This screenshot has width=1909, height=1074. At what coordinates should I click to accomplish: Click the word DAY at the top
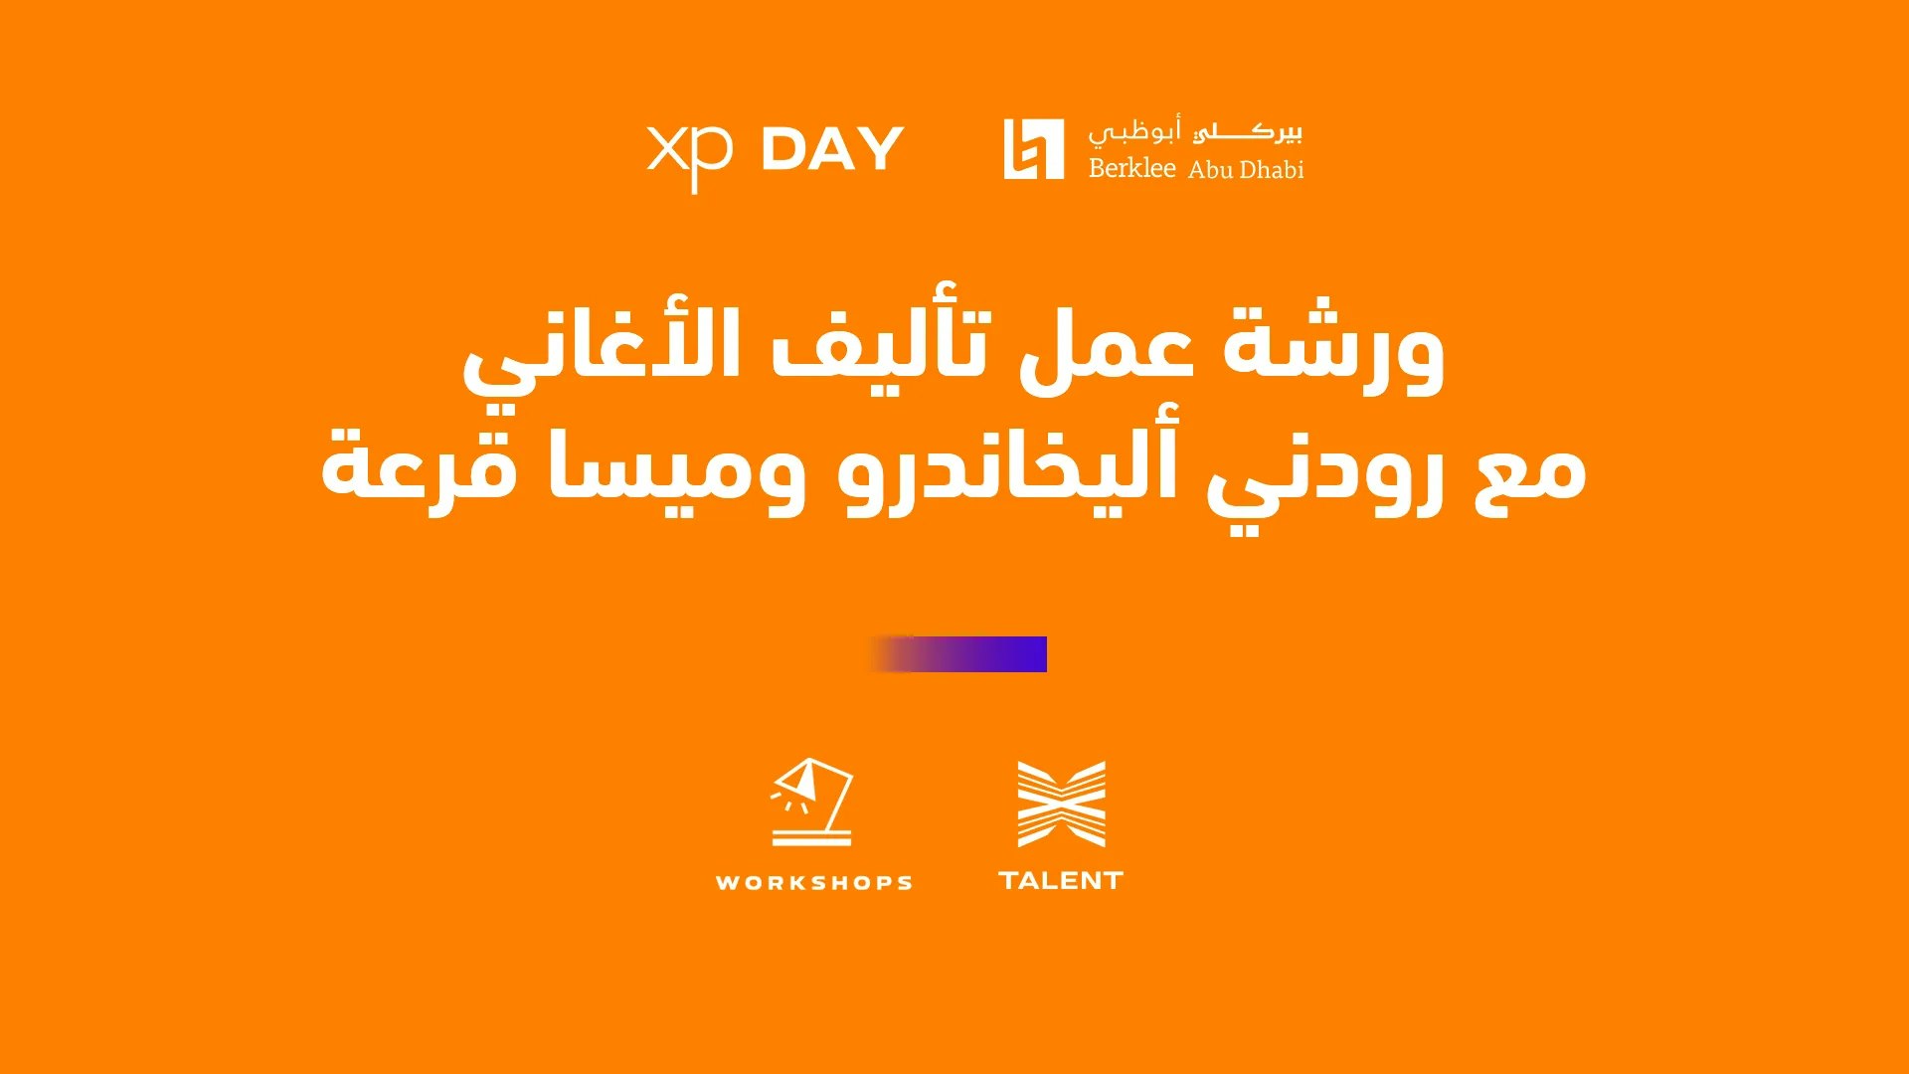pyautogui.click(x=832, y=149)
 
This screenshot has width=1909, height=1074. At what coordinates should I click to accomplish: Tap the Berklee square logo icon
pyautogui.click(x=1033, y=149)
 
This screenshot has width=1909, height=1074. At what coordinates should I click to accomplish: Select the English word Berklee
pyautogui.click(x=1131, y=167)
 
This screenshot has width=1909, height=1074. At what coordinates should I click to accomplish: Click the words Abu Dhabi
pyautogui.click(x=1246, y=169)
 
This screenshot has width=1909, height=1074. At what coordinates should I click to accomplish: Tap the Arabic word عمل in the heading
pyautogui.click(x=1106, y=350)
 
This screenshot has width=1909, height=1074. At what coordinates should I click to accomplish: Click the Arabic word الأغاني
pyautogui.click(x=602, y=353)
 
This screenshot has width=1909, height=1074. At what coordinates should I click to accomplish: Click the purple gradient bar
pyautogui.click(x=958, y=654)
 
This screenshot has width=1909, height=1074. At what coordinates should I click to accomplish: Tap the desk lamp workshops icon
pyautogui.click(x=812, y=802)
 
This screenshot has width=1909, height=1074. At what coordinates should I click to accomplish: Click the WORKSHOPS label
pyautogui.click(x=814, y=883)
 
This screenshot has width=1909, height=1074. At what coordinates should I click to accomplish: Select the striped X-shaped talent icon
pyautogui.click(x=1061, y=804)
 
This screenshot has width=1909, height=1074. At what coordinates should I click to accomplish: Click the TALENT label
pyautogui.click(x=1061, y=880)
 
